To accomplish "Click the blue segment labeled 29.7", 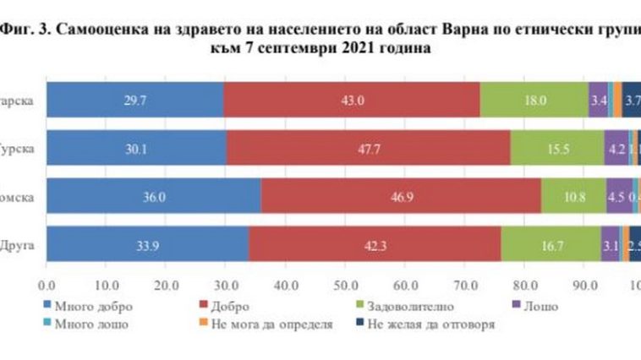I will coord(135,101).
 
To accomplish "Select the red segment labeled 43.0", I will coord(352,101).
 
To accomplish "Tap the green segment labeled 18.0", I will coord(534,101).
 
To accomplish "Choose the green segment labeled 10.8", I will coord(574,196).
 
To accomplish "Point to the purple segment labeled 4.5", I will coord(618,196).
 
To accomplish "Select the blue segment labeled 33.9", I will coord(147,244).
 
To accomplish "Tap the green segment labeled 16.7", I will coord(551,244).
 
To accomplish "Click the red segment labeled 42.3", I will coord(375,244).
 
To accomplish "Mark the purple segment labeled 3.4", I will coord(599,101).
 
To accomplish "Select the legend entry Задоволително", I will coord(407,304).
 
